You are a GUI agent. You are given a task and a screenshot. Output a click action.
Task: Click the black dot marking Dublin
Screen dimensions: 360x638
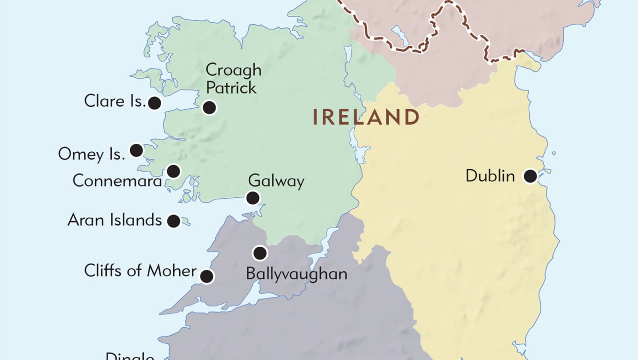530,176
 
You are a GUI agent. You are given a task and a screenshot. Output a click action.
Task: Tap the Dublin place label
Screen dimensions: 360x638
490,176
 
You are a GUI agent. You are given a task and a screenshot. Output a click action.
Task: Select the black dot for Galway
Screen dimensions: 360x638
253,198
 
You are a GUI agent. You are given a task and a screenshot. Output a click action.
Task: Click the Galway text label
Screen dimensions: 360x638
276,181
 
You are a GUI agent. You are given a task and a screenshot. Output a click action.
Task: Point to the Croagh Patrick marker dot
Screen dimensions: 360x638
209,107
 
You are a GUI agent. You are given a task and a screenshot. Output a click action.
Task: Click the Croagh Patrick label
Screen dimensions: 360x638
233,79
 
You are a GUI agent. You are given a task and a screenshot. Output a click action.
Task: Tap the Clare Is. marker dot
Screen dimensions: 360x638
155,103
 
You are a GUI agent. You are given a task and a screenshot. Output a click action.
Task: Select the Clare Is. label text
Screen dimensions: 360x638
115,101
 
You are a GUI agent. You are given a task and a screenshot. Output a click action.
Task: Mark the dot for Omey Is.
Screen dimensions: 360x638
136,150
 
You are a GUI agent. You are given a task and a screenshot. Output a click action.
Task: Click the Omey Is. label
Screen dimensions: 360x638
91,154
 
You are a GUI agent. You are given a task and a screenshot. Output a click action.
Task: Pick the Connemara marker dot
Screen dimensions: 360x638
173,171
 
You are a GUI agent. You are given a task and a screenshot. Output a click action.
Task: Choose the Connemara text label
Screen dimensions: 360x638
117,181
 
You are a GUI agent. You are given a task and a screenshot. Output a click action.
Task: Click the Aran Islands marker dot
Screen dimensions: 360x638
173,221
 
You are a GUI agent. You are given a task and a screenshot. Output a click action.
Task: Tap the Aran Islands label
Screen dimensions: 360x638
114,220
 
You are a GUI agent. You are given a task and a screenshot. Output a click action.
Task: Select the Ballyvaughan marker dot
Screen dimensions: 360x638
260,253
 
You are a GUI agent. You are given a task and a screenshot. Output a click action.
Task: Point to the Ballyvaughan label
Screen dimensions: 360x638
296,274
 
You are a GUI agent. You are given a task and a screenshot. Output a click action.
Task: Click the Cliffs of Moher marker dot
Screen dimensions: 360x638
206,276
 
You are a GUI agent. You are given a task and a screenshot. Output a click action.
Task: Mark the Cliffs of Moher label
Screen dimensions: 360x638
140,271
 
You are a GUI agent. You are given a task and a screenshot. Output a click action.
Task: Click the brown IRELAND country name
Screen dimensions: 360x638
366,118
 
